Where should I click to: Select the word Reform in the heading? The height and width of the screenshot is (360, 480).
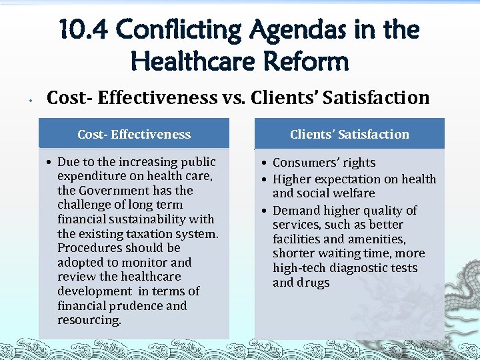tap(306, 61)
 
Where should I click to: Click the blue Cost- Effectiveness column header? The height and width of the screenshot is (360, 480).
tap(134, 134)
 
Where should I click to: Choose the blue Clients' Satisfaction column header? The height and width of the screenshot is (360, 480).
tap(349, 134)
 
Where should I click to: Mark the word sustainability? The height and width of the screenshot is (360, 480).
tap(145, 219)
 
